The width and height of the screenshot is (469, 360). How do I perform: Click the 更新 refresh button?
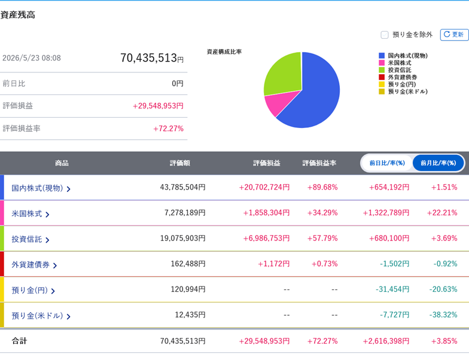coord(454,35)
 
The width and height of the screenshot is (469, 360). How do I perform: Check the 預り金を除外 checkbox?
coord(384,35)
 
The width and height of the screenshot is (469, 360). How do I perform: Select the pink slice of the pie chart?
coord(279,103)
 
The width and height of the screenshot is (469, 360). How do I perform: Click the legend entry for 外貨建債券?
coord(398,77)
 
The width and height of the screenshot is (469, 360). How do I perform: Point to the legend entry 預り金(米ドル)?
coord(403,91)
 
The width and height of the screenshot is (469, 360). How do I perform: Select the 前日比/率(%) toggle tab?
coord(387,163)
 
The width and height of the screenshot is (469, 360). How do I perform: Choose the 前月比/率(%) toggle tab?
coord(438,163)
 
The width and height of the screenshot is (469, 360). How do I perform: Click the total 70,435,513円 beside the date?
coord(152,58)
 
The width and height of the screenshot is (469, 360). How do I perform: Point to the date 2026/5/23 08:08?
coord(32,58)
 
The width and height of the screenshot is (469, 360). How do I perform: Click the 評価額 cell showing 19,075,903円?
coord(183,238)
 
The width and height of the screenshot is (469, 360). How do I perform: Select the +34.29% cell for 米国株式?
coord(322,213)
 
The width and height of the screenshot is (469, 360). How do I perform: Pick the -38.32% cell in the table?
coord(443,315)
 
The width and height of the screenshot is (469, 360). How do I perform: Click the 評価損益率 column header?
coord(319,163)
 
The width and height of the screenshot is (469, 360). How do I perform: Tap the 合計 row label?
coord(19,341)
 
